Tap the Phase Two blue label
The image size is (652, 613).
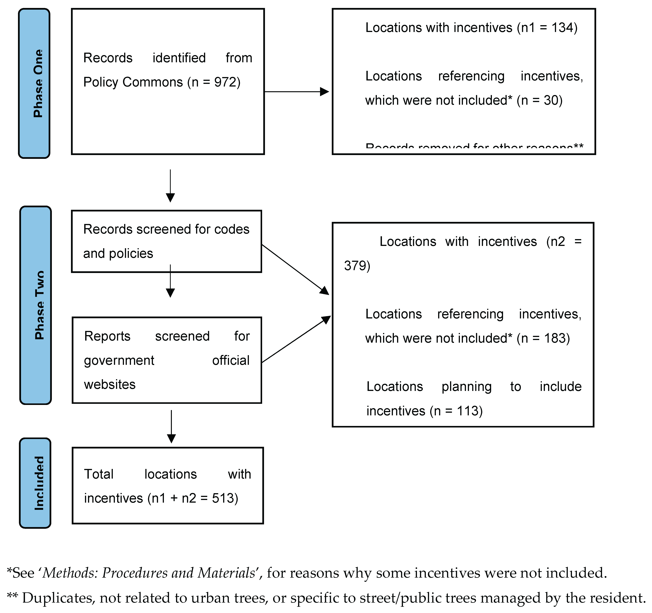(36, 305)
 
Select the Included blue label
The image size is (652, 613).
(35, 483)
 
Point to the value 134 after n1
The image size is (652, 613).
(562, 28)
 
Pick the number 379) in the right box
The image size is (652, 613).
(357, 266)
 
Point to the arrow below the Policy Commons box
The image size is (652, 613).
(170, 186)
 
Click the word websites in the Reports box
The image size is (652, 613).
(110, 384)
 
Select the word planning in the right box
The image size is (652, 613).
(466, 387)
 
